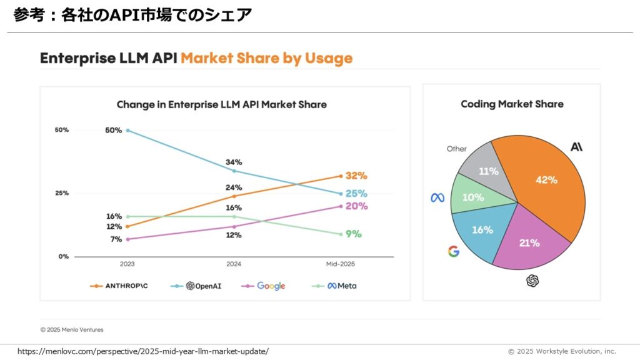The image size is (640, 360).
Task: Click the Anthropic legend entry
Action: [122, 286]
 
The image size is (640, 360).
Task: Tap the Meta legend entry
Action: [334, 286]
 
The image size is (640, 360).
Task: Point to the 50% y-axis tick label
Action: [61, 130]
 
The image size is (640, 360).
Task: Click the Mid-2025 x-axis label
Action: [341, 264]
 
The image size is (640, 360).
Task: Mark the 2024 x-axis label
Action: [234, 264]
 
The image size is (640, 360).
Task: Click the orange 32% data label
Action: [356, 176]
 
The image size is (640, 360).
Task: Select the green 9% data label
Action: [354, 234]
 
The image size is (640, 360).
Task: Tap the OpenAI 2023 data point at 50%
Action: [127, 130]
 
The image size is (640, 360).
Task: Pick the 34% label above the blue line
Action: [234, 162]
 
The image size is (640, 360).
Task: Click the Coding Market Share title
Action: [512, 104]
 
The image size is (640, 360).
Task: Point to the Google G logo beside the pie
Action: [454, 251]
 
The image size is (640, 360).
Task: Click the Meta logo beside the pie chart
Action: [437, 197]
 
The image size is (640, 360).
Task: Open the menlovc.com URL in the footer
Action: [143, 351]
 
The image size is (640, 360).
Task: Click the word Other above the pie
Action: [456, 149]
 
